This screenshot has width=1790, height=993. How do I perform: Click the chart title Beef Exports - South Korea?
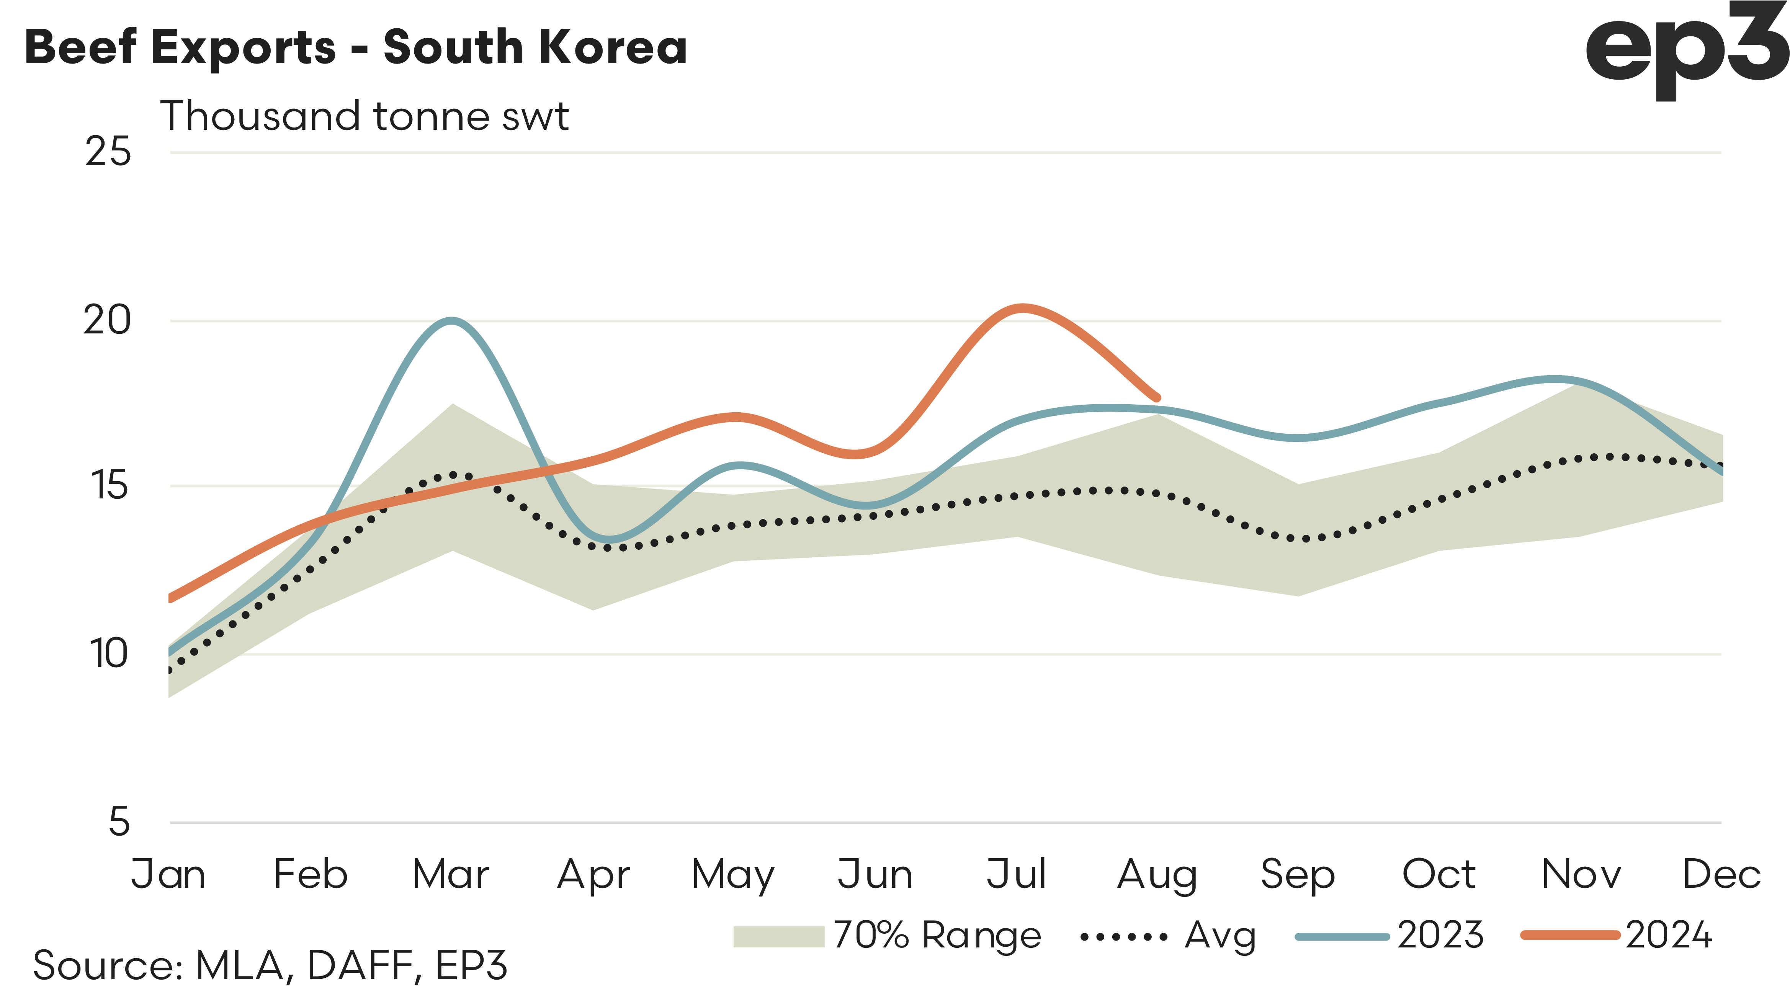pyautogui.click(x=356, y=47)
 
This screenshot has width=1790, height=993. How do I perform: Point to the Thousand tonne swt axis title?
pyautogui.click(x=364, y=116)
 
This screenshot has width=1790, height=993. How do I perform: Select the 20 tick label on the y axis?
pyautogui.click(x=107, y=320)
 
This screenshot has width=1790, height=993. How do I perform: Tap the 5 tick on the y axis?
pyautogui.click(x=119, y=822)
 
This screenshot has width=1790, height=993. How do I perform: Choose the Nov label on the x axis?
pyautogui.click(x=1581, y=874)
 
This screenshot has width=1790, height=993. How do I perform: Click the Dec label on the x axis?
pyautogui.click(x=1721, y=874)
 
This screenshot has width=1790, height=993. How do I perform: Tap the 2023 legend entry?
pyautogui.click(x=1390, y=935)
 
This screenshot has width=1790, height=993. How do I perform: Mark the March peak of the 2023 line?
pyautogui.click(x=452, y=320)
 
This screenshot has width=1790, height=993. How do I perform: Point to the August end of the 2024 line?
pyautogui.click(x=1156, y=397)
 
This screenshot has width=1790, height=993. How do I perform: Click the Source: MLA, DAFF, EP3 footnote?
pyautogui.click(x=270, y=965)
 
